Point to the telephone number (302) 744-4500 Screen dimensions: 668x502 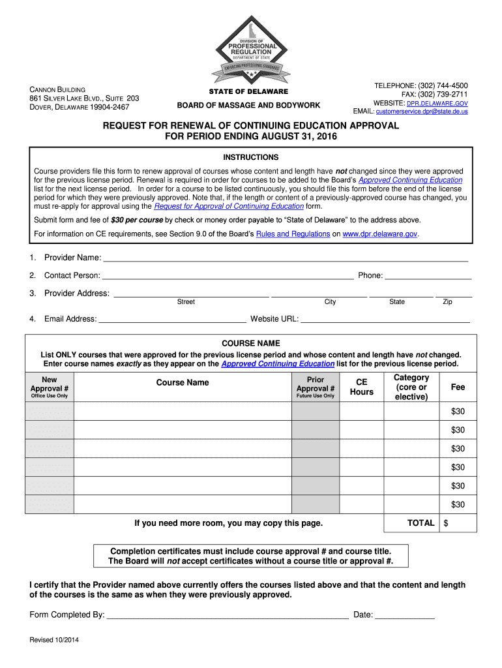point(443,86)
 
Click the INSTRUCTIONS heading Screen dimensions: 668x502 point(251,157)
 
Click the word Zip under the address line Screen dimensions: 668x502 point(447,302)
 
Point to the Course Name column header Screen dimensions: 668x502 point(183,382)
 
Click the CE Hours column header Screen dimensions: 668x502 point(362,387)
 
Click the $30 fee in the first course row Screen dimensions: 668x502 point(458,411)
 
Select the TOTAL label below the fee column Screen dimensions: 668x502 point(421,523)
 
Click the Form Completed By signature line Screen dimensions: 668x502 point(227,615)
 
